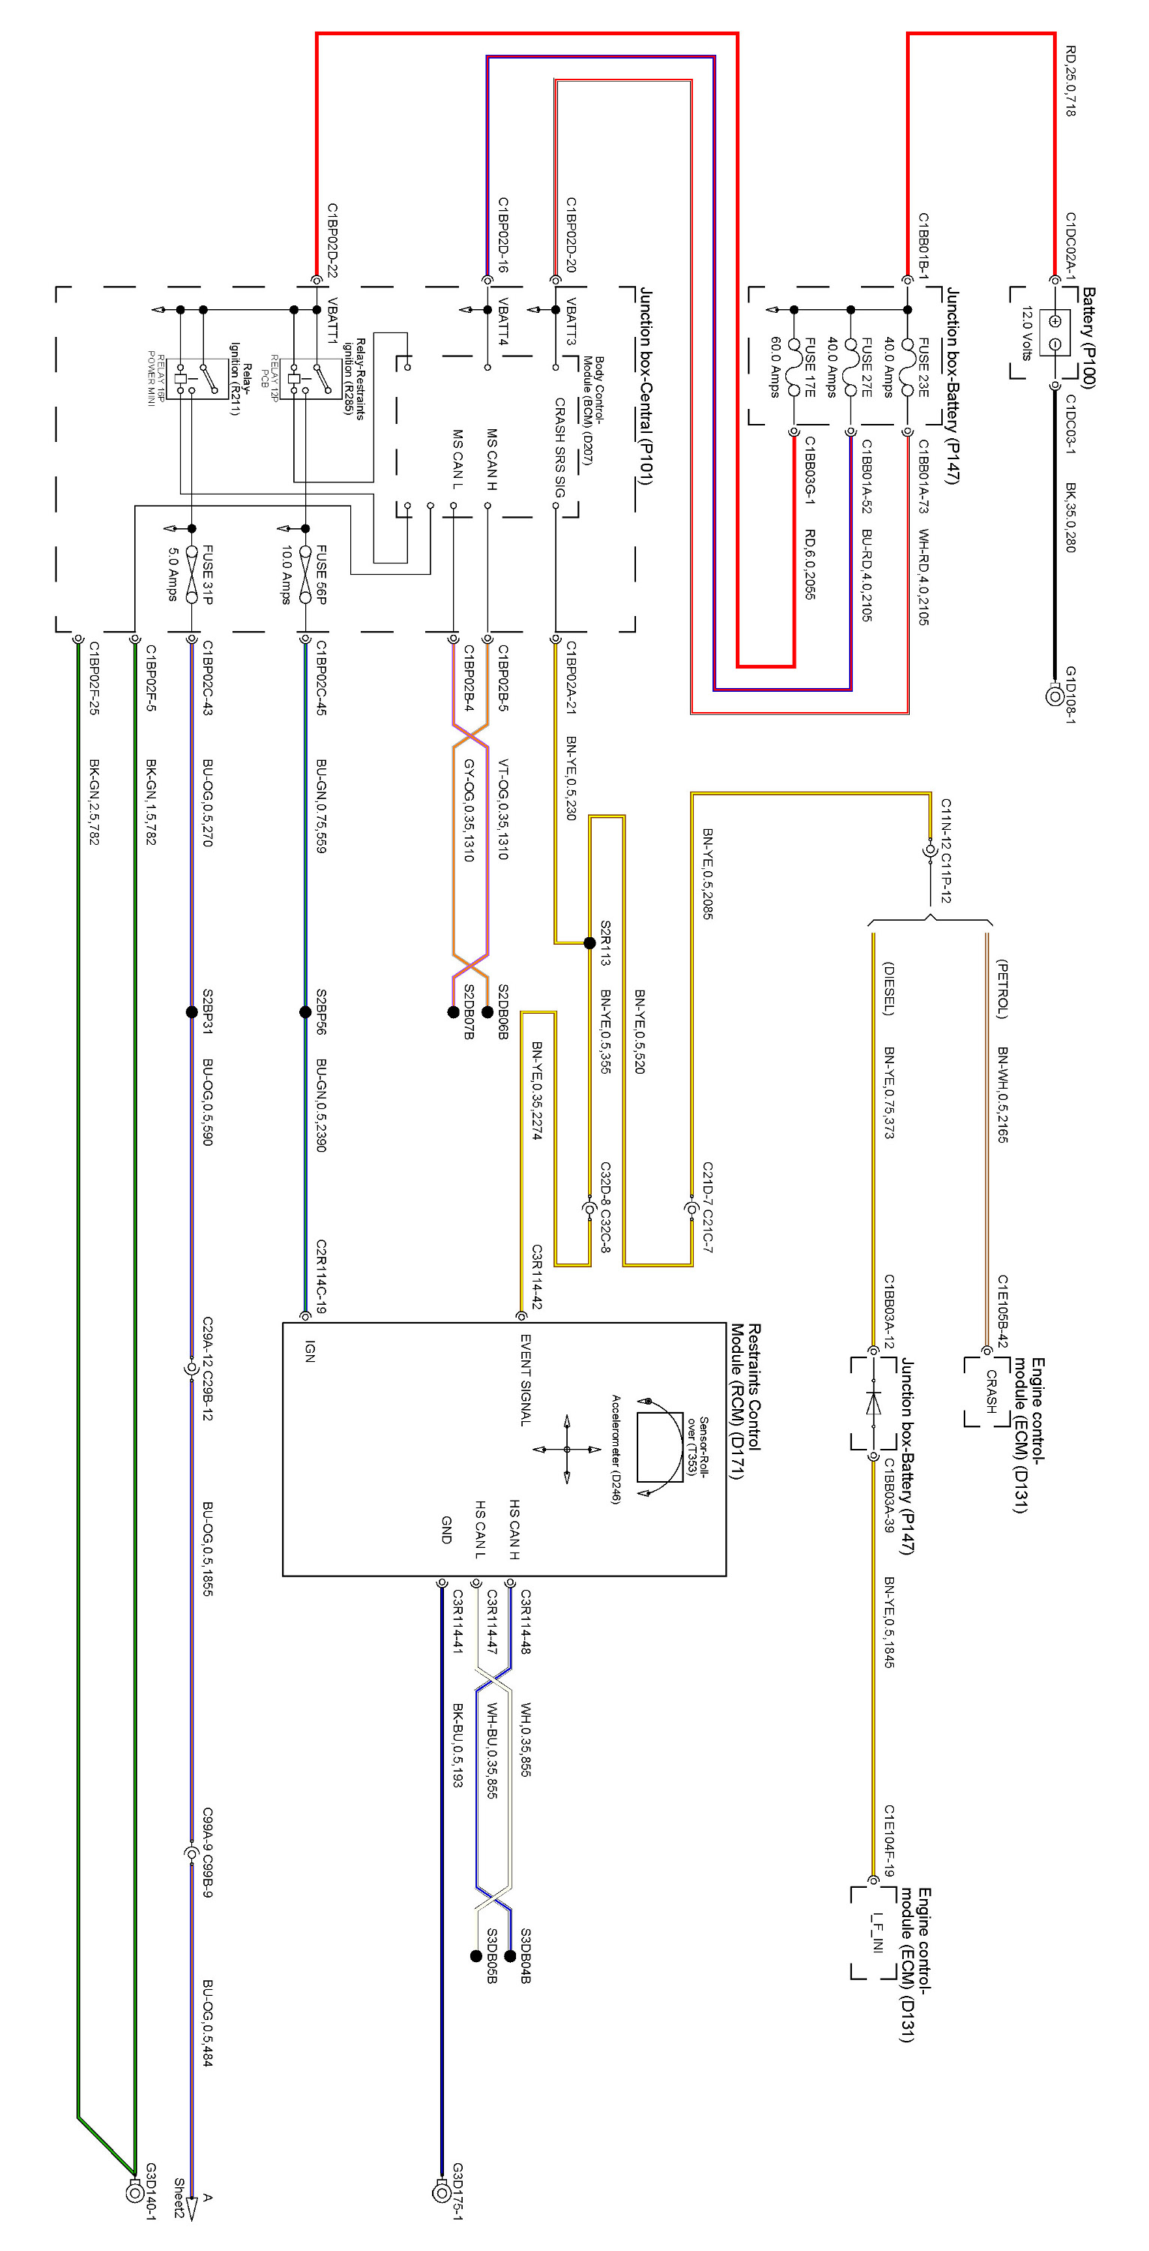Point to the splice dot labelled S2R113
589,943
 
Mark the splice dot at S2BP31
191,1012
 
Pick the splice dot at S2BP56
305,1012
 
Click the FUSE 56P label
321,574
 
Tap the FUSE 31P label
207,574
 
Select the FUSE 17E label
810,367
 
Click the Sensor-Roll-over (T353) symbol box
660,1446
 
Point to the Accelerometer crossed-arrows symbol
566,1449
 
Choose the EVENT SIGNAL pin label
525,1380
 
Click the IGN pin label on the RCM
309,1351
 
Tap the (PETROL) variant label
1002,988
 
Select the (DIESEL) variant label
888,988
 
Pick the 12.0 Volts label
1027,333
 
